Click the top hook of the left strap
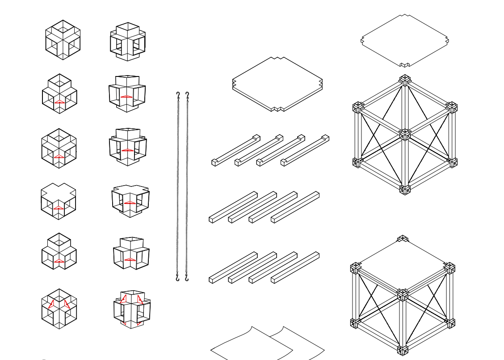[178, 95]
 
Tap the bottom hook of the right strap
[187, 279]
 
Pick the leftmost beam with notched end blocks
[236, 149]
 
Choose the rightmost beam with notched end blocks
[305, 150]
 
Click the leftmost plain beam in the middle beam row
[233, 206]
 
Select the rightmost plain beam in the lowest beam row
[295, 267]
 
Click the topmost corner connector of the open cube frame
[405, 80]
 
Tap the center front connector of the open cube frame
[405, 135]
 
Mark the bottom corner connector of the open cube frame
[405, 189]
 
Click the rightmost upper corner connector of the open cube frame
[451, 107]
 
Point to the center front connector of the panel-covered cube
[403, 295]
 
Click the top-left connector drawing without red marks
[63, 40]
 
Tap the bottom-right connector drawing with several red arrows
[132, 309]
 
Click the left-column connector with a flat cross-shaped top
[59, 201]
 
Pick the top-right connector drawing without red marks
[128, 42]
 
